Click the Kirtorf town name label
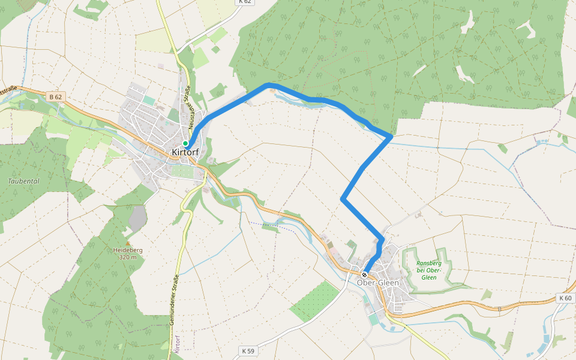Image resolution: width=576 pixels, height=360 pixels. point(185,152)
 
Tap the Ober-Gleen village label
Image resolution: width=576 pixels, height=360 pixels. point(377,283)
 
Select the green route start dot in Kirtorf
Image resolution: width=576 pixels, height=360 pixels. point(186,143)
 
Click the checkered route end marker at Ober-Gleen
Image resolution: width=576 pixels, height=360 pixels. point(364,275)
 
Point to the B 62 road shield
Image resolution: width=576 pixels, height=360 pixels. point(56,97)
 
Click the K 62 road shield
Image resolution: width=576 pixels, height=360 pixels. point(244,2)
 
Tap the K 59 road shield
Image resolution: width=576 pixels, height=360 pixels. point(248,350)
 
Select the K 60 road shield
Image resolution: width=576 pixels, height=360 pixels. point(565,298)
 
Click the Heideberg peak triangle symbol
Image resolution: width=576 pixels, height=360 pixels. point(127,243)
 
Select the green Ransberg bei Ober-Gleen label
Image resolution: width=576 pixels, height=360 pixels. point(429,270)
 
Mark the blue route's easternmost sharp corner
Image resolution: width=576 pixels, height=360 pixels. point(391,137)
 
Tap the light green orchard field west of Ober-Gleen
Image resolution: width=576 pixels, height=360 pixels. point(315,300)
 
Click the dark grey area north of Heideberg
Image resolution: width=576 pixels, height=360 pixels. point(138,217)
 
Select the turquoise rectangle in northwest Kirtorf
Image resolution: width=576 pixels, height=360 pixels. point(148,100)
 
